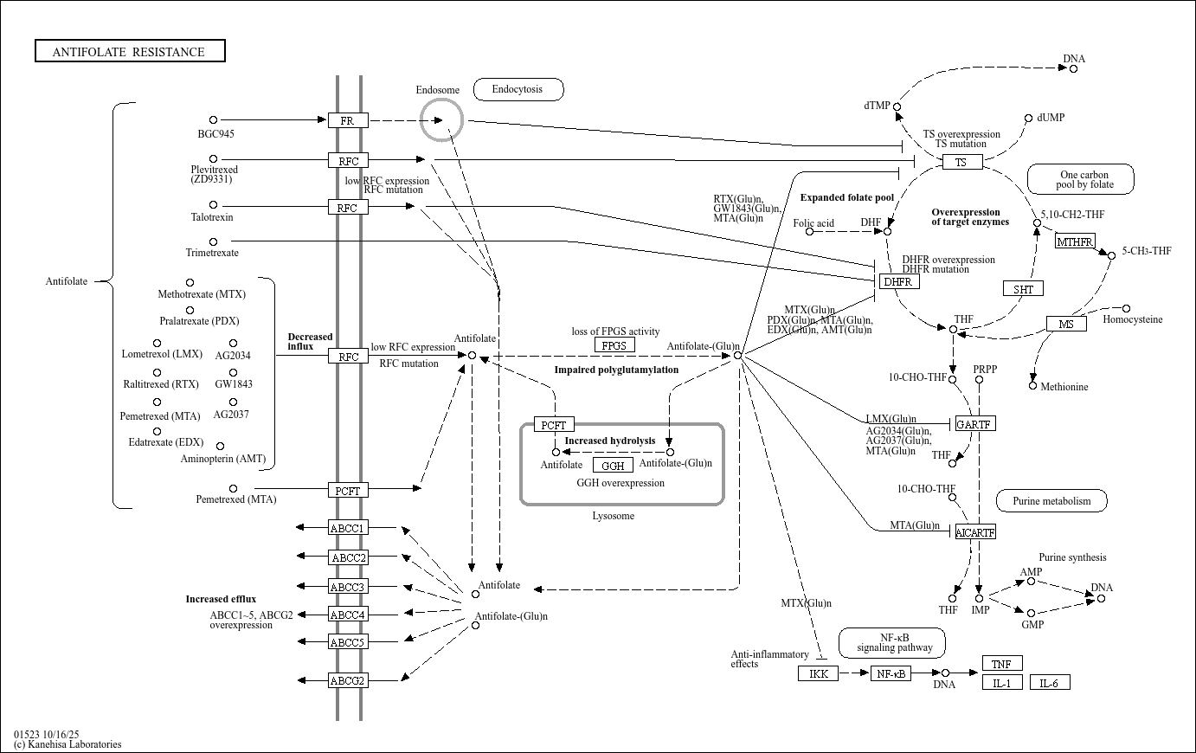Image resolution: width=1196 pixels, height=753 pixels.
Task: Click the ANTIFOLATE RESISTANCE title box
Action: coord(130,51)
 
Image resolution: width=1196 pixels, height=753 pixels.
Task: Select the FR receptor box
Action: coord(348,120)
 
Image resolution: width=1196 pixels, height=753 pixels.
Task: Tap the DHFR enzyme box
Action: coord(898,281)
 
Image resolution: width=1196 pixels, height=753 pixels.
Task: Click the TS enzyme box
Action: coord(961,162)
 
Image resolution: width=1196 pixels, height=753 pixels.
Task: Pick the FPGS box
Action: coord(614,345)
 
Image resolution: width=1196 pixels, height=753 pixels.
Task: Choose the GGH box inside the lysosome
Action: coord(613,466)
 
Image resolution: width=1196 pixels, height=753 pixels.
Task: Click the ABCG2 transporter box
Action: coord(348,680)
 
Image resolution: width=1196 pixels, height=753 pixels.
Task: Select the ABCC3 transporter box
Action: coord(348,587)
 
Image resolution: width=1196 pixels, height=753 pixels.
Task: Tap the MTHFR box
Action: coord(1075,241)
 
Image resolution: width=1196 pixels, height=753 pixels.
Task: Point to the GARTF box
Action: coord(974,423)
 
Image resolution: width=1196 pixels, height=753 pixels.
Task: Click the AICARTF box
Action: coord(975,532)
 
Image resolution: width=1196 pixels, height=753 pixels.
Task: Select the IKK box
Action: coord(818,673)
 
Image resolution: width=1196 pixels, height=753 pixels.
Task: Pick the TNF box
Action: coord(1002,664)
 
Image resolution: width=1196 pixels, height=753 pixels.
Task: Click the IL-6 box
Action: coord(1050,683)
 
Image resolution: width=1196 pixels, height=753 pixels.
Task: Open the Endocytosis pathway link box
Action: coord(518,89)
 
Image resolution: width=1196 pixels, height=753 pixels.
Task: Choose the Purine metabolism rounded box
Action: coord(1051,500)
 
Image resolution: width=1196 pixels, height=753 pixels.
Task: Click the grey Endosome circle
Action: coord(441,119)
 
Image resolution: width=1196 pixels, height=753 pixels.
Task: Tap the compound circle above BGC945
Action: coord(213,120)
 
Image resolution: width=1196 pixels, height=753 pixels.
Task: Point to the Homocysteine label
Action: coord(1132,319)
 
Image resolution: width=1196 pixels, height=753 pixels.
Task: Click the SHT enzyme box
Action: coord(1023,288)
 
